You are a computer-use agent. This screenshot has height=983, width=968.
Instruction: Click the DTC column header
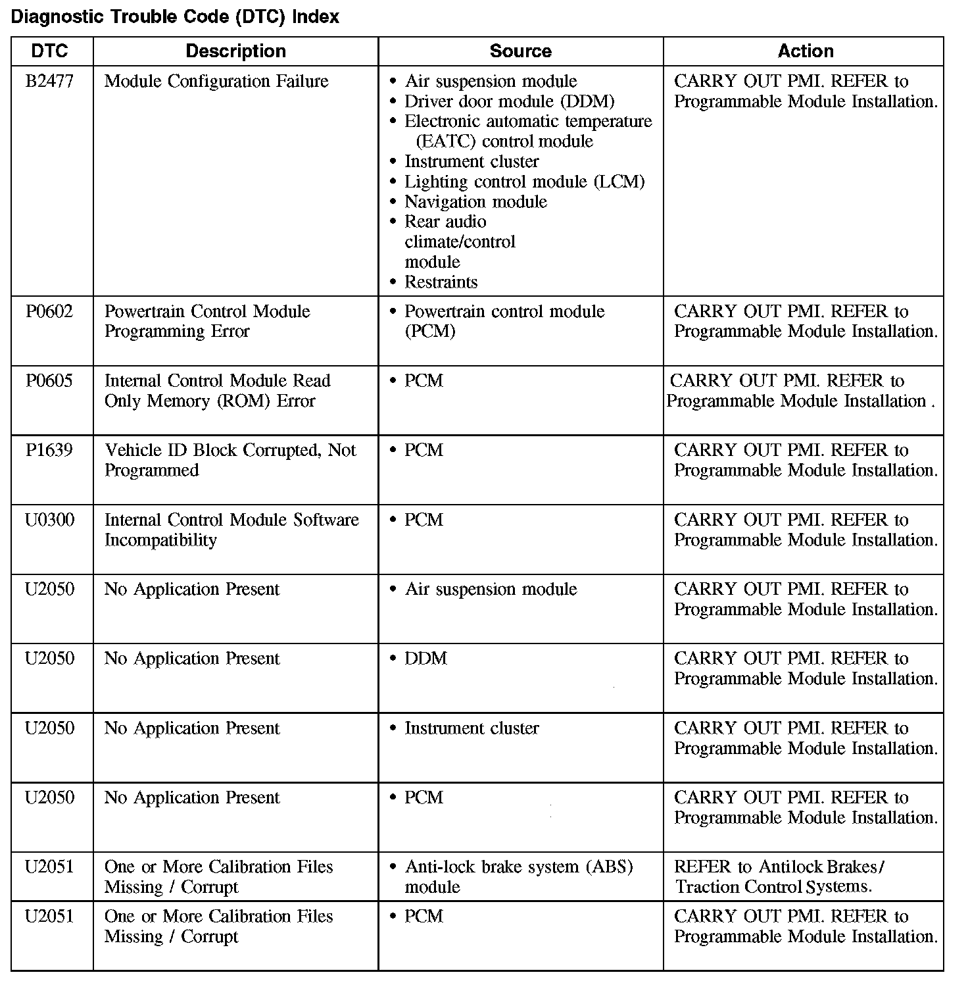click(50, 51)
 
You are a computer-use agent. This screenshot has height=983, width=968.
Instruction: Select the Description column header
click(235, 51)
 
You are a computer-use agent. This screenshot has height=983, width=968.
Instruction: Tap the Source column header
click(520, 51)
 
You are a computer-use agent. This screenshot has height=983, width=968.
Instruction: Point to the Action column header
click(805, 51)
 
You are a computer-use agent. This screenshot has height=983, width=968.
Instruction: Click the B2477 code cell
click(50, 82)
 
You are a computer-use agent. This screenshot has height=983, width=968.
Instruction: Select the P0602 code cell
click(50, 312)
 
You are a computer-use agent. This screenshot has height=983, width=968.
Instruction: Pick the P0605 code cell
click(50, 381)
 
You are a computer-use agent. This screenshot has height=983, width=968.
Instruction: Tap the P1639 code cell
click(50, 451)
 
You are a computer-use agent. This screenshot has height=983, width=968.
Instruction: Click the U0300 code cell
click(50, 520)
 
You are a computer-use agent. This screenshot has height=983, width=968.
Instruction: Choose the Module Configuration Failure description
click(216, 82)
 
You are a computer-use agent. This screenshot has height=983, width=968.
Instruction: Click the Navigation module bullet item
click(475, 202)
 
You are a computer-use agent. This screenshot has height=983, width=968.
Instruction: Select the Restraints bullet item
click(441, 282)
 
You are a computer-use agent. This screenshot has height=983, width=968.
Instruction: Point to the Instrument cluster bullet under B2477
click(472, 162)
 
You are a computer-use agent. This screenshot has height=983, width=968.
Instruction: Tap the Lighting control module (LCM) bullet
click(524, 182)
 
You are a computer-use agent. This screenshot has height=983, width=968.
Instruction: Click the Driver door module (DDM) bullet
click(509, 102)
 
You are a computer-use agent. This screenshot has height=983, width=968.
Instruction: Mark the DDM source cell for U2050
click(425, 659)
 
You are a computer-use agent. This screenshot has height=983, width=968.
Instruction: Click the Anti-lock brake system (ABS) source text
click(518, 876)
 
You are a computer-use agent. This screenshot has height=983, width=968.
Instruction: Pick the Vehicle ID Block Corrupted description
click(230, 460)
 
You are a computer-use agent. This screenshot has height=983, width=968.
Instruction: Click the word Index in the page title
click(316, 17)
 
